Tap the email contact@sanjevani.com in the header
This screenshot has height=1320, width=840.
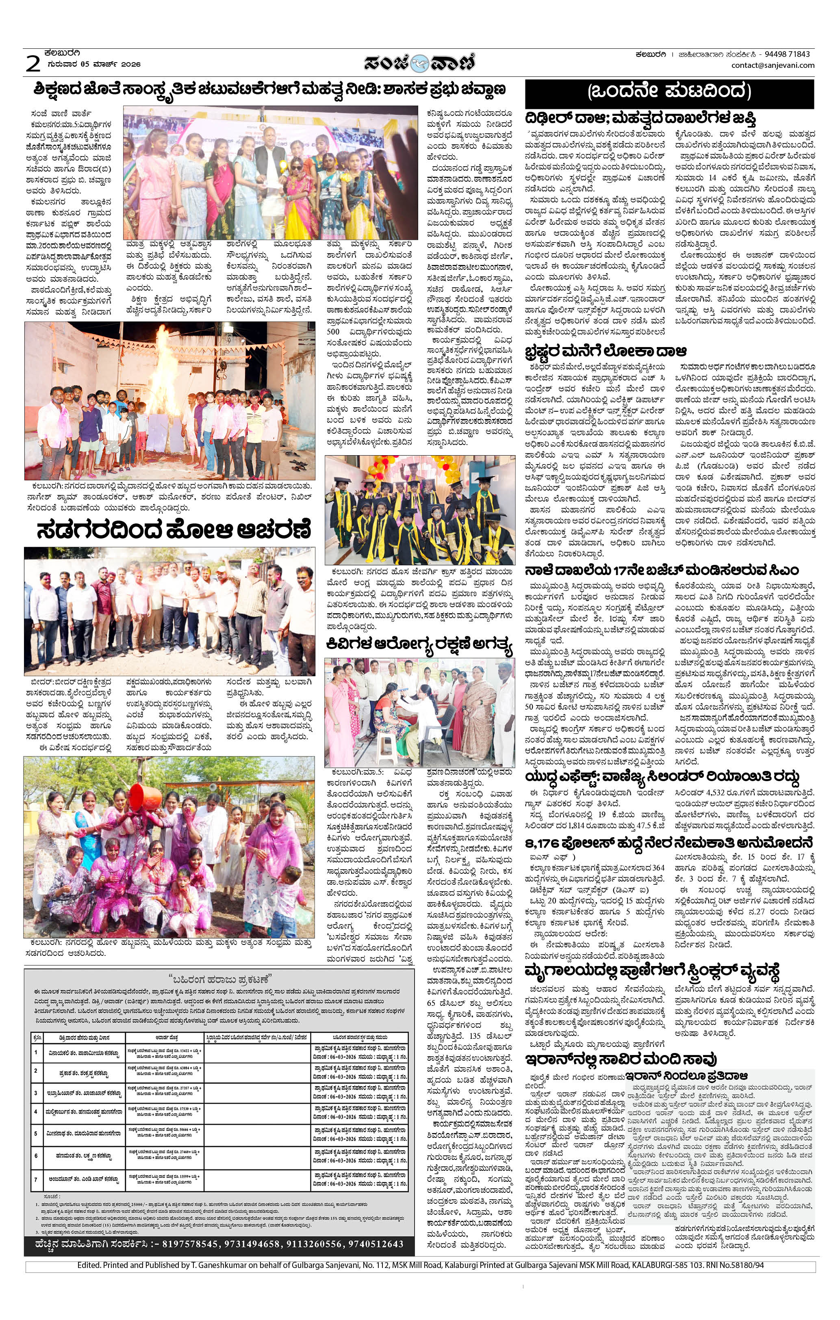[772, 65]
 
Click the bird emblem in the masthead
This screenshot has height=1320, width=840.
[419, 63]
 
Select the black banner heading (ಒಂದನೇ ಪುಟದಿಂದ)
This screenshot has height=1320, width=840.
[669, 91]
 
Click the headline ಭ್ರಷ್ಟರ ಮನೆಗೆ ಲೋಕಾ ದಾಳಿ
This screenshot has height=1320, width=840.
[606, 351]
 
